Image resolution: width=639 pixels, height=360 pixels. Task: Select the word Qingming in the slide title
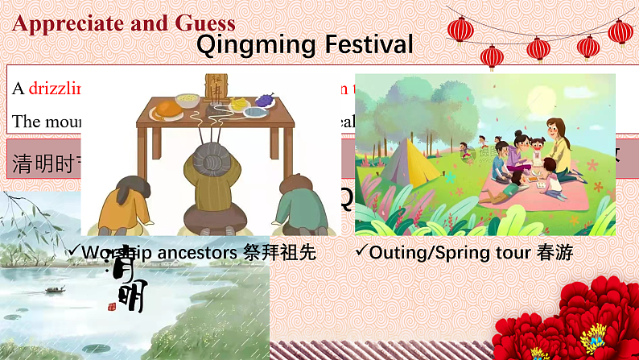249,44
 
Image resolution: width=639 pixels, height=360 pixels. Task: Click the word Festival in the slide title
361,44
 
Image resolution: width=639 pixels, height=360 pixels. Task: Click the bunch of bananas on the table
240,102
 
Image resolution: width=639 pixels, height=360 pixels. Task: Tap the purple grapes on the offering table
264,100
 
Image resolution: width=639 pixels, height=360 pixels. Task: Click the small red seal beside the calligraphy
112,306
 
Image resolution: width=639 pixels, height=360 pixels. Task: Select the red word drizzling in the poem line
56,89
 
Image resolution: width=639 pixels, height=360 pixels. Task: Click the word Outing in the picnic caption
394,253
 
